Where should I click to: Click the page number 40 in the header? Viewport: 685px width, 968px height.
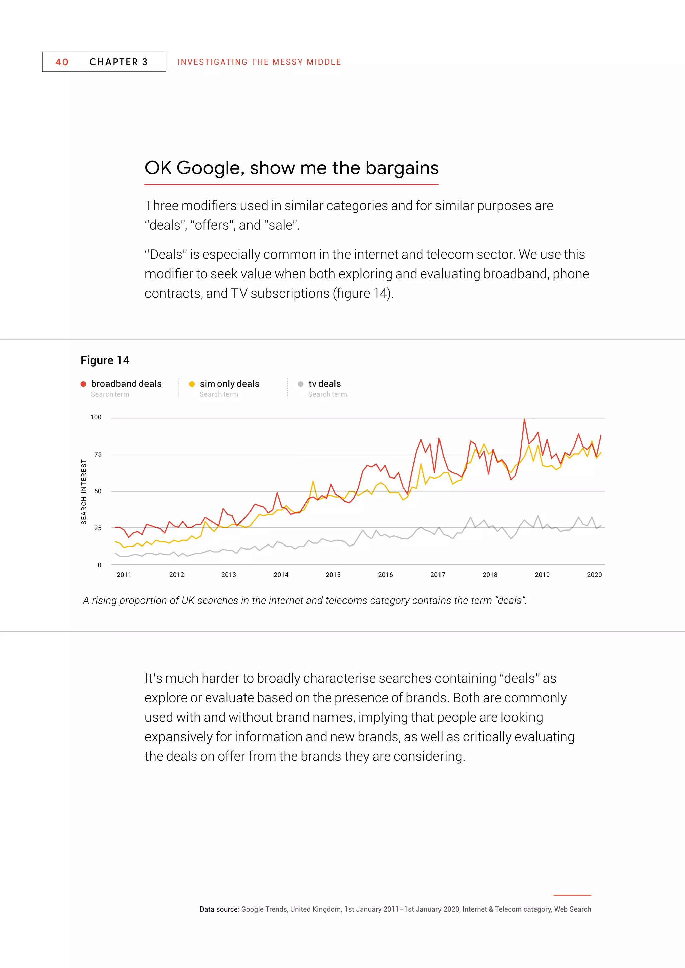(62, 62)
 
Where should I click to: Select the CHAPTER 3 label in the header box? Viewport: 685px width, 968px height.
(118, 62)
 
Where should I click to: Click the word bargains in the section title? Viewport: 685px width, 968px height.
(402, 168)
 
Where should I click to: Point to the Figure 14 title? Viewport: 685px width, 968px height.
(105, 360)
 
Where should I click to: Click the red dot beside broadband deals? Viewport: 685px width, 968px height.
(83, 384)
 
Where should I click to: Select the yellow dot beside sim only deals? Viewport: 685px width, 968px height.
(192, 384)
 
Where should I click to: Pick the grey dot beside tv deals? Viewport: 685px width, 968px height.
(301, 384)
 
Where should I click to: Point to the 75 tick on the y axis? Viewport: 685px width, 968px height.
(98, 455)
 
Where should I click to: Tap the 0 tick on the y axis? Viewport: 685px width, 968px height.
(100, 565)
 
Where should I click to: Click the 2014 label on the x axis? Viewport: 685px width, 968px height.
(281, 575)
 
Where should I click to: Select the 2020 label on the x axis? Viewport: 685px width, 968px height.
(594, 575)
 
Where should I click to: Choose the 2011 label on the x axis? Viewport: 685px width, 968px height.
(124, 575)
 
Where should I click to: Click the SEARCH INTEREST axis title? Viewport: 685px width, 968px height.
(84, 492)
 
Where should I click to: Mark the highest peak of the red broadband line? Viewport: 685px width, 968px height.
(524, 419)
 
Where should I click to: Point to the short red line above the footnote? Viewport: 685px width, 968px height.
(572, 895)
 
